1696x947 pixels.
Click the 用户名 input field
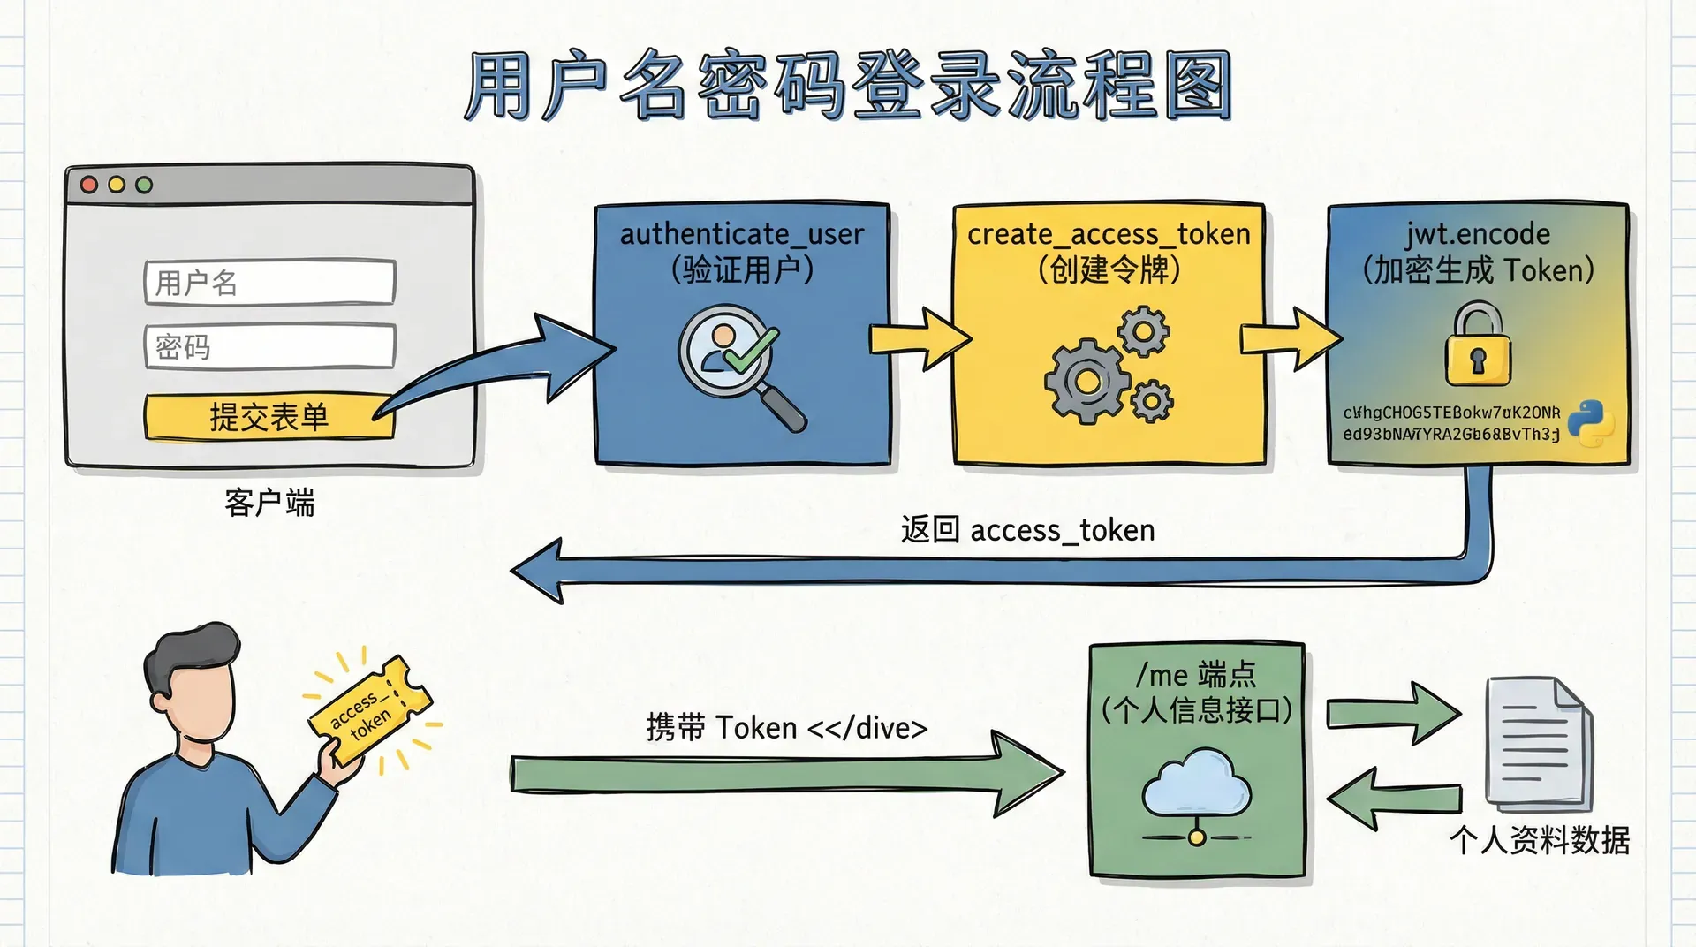pos(269,283)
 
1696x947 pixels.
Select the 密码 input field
pos(269,346)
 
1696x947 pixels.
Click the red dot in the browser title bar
pos(89,185)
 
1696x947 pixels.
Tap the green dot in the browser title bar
pos(144,185)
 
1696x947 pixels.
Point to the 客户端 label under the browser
pos(269,503)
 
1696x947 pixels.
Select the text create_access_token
pos(1109,234)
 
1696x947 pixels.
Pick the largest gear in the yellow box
pos(1086,383)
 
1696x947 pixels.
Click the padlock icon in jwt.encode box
pos(1478,346)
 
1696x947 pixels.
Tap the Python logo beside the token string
pos(1591,423)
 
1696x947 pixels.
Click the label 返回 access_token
pos(1027,530)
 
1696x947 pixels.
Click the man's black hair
pos(190,654)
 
